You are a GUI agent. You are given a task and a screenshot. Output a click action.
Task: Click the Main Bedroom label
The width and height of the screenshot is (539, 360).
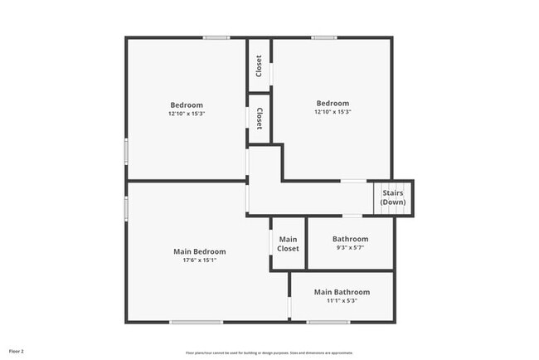click(199, 251)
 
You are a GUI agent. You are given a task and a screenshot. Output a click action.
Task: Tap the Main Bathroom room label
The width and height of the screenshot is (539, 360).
click(342, 292)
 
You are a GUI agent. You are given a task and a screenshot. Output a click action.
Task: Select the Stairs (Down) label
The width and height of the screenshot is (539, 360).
click(393, 197)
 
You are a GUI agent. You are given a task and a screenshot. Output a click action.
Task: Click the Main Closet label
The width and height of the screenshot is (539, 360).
click(288, 244)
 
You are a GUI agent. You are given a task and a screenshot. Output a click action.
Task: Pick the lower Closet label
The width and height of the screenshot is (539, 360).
click(260, 117)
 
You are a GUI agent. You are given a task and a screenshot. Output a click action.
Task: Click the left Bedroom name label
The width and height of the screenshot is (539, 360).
click(187, 105)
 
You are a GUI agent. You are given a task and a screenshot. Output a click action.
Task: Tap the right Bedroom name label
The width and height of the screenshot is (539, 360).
click(333, 104)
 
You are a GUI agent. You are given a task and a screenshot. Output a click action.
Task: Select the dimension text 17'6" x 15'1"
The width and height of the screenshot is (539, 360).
click(199, 260)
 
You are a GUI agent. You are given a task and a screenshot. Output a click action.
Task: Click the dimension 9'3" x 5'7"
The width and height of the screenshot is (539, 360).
click(349, 248)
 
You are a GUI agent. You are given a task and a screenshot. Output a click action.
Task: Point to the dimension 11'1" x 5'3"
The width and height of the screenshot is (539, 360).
click(342, 301)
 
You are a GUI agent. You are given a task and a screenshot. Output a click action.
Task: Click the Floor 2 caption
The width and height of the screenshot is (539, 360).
click(17, 351)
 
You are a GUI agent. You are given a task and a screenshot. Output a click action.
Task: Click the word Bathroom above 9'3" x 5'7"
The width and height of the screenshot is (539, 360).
click(349, 239)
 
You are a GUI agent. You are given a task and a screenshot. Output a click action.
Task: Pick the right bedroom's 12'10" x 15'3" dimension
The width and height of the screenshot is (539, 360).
click(333, 113)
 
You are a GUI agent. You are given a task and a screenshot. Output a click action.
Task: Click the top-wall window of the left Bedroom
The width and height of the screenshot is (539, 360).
click(217, 37)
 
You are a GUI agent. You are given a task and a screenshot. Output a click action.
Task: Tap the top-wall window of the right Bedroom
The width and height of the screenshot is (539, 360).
click(324, 37)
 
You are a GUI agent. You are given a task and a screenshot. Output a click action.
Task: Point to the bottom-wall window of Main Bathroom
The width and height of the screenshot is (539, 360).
click(328, 322)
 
